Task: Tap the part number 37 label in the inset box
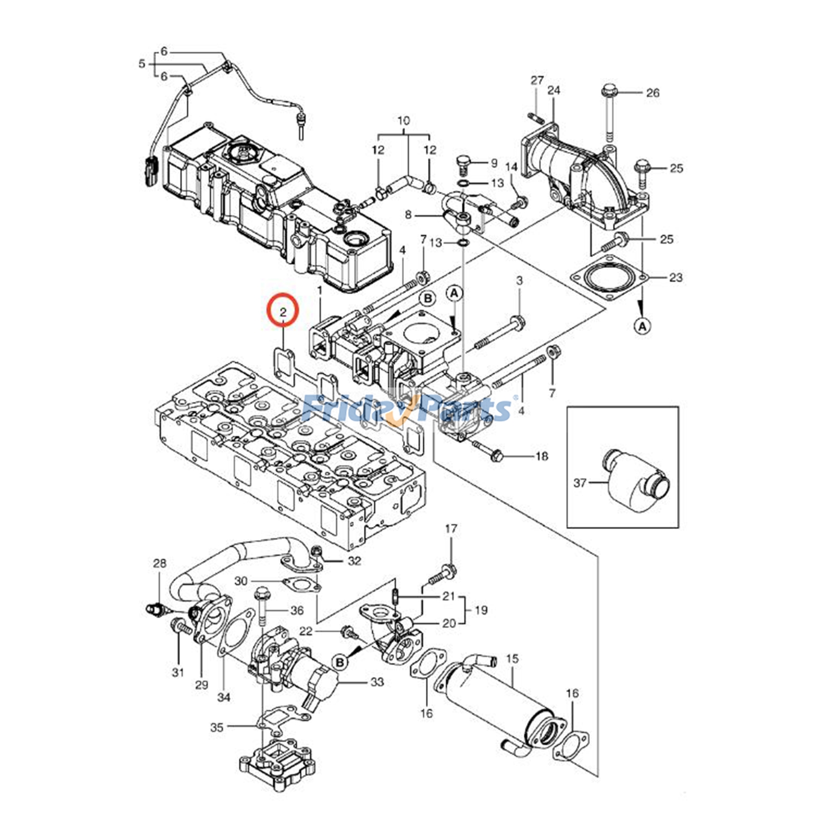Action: pyautogui.click(x=580, y=483)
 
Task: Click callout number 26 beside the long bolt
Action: pyautogui.click(x=652, y=93)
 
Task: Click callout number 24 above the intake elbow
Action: pyautogui.click(x=553, y=90)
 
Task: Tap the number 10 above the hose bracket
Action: pyautogui.click(x=404, y=121)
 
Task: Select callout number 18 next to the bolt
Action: pyautogui.click(x=542, y=456)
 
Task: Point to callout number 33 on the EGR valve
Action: pyautogui.click(x=377, y=682)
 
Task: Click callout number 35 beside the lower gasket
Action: pyautogui.click(x=217, y=727)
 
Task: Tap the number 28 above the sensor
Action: pyautogui.click(x=160, y=563)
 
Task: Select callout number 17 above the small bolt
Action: pyautogui.click(x=450, y=528)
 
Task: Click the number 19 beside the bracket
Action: pyautogui.click(x=481, y=610)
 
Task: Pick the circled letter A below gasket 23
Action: pyautogui.click(x=643, y=325)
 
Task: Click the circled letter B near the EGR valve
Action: pyautogui.click(x=340, y=663)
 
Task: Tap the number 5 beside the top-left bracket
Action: pyautogui.click(x=142, y=65)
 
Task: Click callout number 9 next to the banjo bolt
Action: pyautogui.click(x=494, y=163)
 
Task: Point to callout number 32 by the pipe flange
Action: pyautogui.click(x=355, y=561)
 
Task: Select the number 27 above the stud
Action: pyautogui.click(x=537, y=80)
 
